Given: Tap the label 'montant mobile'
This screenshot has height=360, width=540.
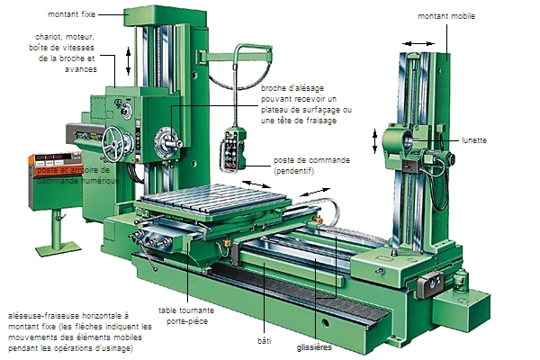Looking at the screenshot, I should pos(446,16).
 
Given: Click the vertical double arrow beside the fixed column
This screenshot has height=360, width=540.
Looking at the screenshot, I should pos(128,61).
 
